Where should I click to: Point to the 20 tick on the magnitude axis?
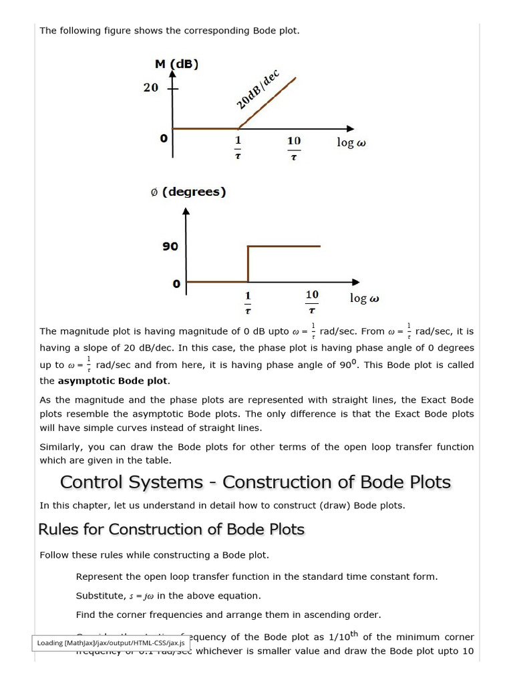point(151,88)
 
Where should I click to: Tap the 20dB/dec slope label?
point(258,89)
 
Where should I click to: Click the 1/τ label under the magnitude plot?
point(238,148)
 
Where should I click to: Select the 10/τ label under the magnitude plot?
point(294,148)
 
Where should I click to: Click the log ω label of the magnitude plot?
point(351,142)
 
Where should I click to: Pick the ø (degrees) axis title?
point(187,192)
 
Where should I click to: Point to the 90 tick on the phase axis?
point(170,246)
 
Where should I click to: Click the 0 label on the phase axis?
point(176,284)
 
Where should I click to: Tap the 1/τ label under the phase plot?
point(248,301)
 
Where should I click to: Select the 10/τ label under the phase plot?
point(312,301)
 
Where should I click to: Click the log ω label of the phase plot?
point(364,298)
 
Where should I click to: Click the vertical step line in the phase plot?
point(248,264)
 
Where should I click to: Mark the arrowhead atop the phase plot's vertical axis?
point(187,212)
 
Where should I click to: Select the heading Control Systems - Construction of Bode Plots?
point(255,482)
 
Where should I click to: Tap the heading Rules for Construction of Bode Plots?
point(171,529)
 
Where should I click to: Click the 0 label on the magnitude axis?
point(163,138)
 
